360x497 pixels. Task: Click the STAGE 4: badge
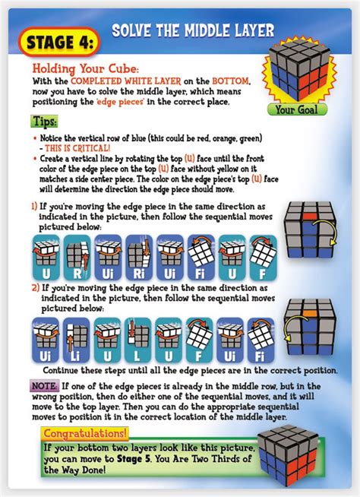pos(59,43)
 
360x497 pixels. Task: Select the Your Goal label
pos(297,109)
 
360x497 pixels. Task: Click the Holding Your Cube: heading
pos(86,68)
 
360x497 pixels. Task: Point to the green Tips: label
pos(44,121)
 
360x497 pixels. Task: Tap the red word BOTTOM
pos(231,81)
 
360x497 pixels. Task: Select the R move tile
pos(77,258)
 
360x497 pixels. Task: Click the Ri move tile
pos(139,258)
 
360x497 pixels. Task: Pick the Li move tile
pos(76,340)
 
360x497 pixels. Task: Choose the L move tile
pos(137,340)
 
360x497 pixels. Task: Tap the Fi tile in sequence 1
pos(201,258)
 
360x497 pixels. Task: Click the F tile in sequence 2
pos(199,340)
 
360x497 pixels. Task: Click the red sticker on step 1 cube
pos(311,216)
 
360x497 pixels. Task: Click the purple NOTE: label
pos(44,386)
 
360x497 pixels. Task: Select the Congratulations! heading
pos(85,433)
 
